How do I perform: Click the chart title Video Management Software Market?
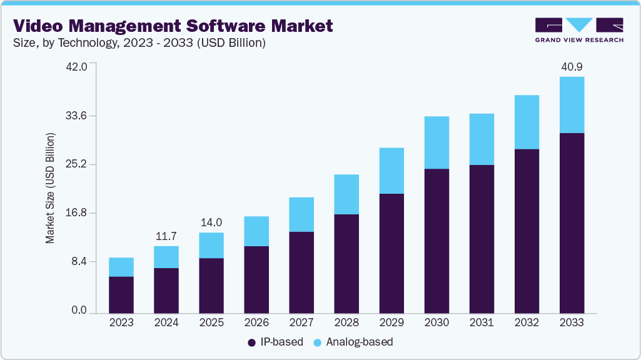(173, 26)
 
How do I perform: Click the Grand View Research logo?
(579, 29)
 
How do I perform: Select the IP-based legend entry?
(276, 342)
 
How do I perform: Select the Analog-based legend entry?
(353, 342)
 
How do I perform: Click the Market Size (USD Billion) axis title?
(50, 188)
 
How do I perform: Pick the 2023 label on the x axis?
(121, 322)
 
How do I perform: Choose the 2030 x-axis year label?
(437, 322)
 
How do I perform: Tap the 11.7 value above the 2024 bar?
(166, 236)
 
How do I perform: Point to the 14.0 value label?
(211, 222)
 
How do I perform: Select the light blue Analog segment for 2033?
(572, 105)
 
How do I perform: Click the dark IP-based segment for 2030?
(437, 241)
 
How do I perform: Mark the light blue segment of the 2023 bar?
(121, 267)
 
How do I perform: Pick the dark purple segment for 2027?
(301, 272)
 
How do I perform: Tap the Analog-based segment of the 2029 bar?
(391, 171)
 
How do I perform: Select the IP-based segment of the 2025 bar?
(211, 285)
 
